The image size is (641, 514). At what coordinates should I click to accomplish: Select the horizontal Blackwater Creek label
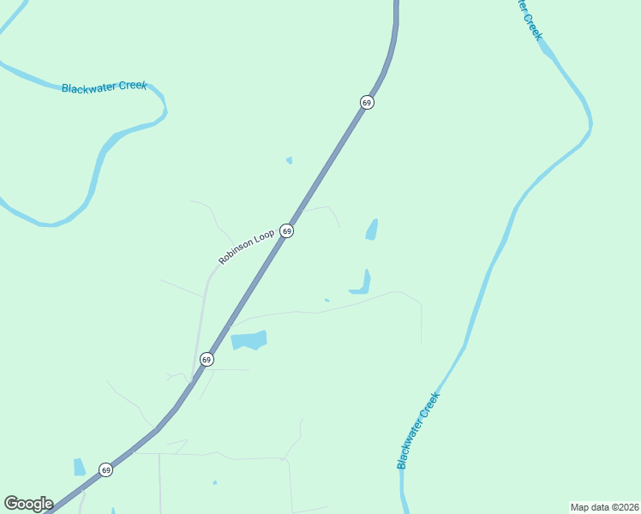(x=104, y=87)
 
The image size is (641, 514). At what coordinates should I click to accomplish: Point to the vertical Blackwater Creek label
(x=417, y=431)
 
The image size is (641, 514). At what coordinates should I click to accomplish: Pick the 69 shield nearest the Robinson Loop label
(x=287, y=231)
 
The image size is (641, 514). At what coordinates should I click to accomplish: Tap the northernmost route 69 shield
(x=367, y=102)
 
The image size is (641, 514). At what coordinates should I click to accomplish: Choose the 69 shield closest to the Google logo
(x=105, y=469)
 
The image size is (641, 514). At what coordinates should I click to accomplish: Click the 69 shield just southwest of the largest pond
(x=207, y=359)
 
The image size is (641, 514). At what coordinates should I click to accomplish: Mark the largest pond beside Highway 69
(x=249, y=340)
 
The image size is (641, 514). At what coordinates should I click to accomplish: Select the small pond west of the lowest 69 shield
(x=79, y=467)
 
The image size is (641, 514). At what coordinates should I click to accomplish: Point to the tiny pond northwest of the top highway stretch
(x=289, y=159)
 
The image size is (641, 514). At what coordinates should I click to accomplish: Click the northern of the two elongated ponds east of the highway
(x=372, y=230)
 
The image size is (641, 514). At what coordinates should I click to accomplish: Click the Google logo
(x=28, y=504)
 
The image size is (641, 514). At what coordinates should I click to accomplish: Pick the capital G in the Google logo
(x=11, y=503)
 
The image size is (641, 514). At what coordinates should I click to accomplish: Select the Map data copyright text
(x=604, y=507)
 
